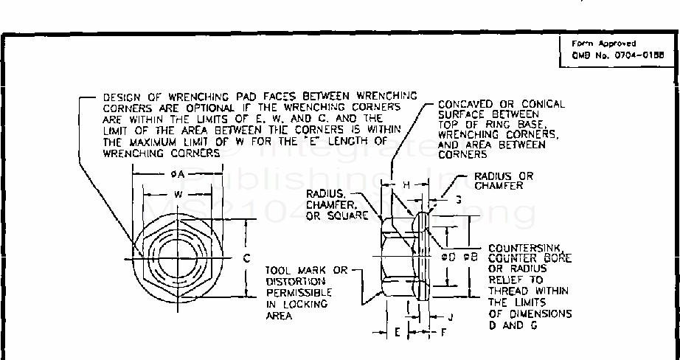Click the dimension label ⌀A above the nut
(x=171, y=174)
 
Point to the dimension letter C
(x=247, y=258)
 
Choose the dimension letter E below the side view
(x=397, y=333)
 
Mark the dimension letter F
(x=443, y=333)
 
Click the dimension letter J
(x=450, y=315)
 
